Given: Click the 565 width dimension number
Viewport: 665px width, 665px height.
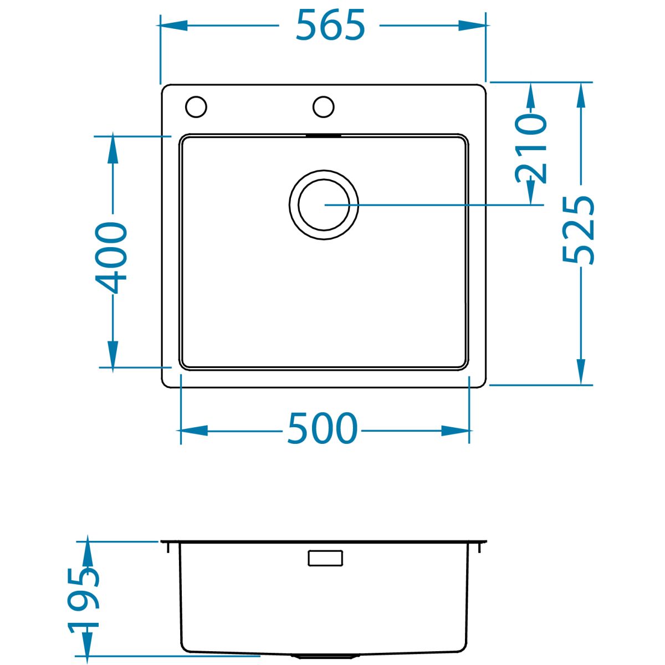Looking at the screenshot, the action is click(330, 24).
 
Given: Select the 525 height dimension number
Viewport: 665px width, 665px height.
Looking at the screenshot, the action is click(578, 230).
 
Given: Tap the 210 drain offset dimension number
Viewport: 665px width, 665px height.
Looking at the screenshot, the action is click(531, 149).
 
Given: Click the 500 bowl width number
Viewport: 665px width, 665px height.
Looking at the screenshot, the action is click(323, 428).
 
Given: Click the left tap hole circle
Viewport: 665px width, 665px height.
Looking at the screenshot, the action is click(196, 106).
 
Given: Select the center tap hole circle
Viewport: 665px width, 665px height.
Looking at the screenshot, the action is click(323, 106).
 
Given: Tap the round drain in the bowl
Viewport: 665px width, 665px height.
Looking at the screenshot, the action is click(324, 204).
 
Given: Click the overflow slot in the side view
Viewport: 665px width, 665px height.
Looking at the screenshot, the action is click(325, 558).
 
